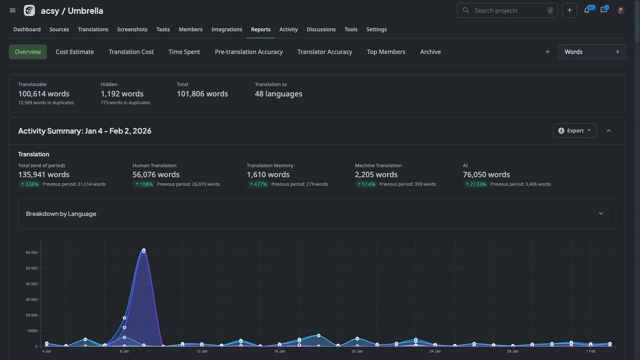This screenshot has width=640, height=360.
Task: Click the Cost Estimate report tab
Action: click(x=74, y=52)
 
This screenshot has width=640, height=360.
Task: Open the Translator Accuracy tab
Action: click(x=324, y=52)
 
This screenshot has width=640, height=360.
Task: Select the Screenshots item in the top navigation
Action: click(x=132, y=29)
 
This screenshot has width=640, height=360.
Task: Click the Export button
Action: click(x=575, y=131)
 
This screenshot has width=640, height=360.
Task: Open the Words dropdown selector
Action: click(x=591, y=52)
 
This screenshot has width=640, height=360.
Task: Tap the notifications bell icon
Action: click(x=587, y=10)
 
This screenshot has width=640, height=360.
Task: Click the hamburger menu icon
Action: click(x=13, y=10)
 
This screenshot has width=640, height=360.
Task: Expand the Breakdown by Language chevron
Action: click(x=601, y=214)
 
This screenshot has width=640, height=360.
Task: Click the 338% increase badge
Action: click(x=29, y=184)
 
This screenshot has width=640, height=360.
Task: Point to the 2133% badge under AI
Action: click(x=475, y=184)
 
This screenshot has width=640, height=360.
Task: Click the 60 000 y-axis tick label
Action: click(x=32, y=253)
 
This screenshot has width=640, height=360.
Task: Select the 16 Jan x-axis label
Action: click(x=279, y=351)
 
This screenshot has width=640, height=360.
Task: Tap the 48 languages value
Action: click(x=278, y=94)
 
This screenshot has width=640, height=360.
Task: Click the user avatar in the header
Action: click(x=621, y=10)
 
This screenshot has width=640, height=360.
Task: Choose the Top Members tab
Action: click(x=386, y=52)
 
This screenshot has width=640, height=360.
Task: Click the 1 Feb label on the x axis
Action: click(x=591, y=351)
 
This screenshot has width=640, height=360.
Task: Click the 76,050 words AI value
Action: click(x=486, y=175)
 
